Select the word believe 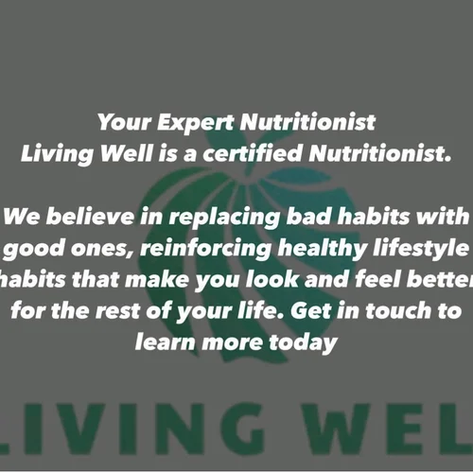(91, 216)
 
